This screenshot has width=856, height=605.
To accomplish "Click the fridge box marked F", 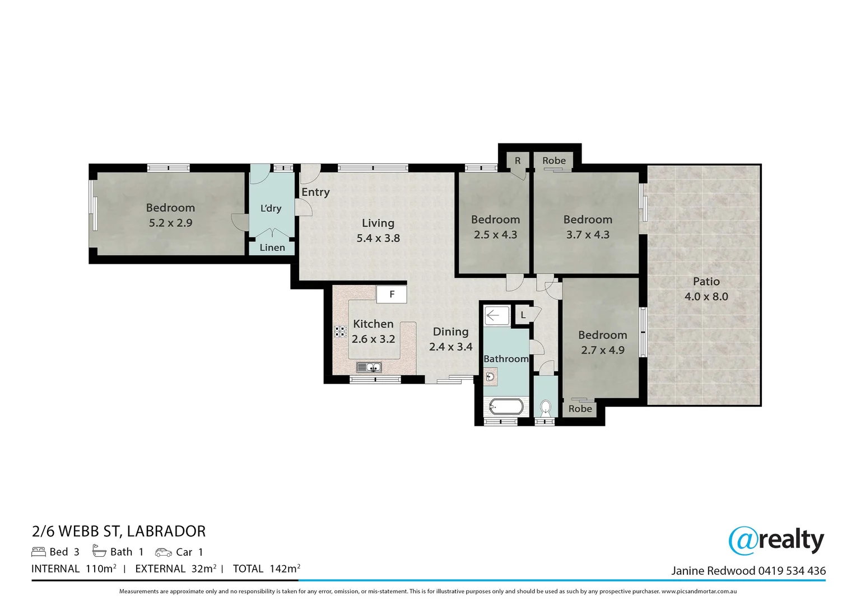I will tap(392, 294).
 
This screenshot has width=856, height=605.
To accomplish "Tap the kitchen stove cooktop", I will tap(341, 331).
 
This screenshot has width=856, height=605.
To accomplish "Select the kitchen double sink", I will tap(369, 367).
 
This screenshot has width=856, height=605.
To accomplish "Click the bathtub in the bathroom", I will tap(506, 406).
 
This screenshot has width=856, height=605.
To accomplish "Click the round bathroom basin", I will tap(490, 376).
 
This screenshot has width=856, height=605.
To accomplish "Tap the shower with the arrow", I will tap(496, 315).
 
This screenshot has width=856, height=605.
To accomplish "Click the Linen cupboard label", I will tap(272, 248).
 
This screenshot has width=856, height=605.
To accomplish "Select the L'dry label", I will tap(271, 208).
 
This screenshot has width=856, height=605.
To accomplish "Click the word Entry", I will tap(315, 192).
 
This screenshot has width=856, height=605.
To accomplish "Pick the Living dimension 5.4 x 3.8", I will tap(378, 238).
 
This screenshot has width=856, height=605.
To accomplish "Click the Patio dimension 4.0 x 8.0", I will tap(706, 296).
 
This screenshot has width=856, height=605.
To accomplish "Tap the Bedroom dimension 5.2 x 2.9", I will tap(170, 223).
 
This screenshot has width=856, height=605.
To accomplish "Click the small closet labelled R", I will tap(518, 161).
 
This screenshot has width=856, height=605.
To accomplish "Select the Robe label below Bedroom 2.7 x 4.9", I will tap(580, 409).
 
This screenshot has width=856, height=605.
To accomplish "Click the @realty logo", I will tap(776, 540).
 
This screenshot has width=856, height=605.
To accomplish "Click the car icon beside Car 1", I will tap(164, 552).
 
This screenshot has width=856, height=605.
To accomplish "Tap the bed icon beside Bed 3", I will tap(39, 552).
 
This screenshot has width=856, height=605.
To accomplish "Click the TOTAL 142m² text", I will tap(267, 569).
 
